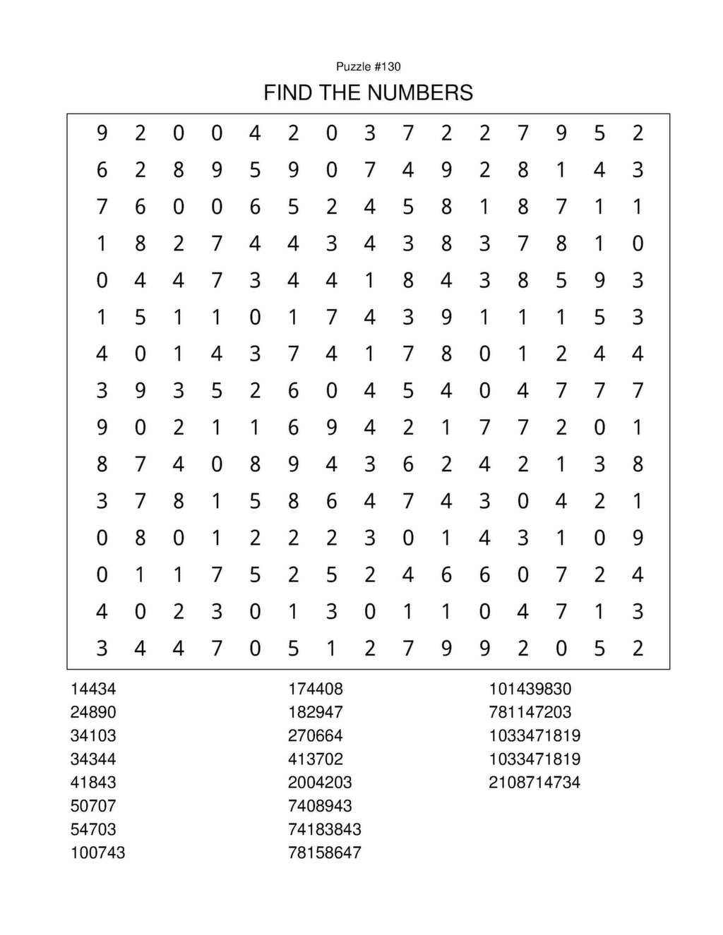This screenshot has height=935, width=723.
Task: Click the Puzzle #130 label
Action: click(x=368, y=66)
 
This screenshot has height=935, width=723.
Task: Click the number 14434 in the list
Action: click(x=93, y=689)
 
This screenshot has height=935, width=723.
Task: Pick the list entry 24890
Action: click(x=93, y=712)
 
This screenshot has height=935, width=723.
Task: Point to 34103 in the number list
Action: click(x=93, y=735)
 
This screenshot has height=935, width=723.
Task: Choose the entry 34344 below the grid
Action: click(x=93, y=759)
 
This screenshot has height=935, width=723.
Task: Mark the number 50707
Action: click(x=93, y=806)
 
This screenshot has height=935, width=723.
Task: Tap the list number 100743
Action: click(x=97, y=852)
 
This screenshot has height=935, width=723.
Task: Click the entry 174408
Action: click(x=315, y=689)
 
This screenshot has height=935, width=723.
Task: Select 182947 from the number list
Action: click(x=315, y=712)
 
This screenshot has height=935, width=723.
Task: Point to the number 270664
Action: click(x=315, y=735)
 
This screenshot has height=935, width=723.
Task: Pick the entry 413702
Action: click(x=315, y=759)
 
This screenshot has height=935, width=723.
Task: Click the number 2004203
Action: click(x=320, y=783)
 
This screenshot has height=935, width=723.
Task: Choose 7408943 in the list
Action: click(x=320, y=806)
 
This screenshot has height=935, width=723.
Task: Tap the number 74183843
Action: click(x=324, y=829)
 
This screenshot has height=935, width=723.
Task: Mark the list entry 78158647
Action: click(x=324, y=852)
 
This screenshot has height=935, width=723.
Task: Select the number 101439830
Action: click(x=530, y=689)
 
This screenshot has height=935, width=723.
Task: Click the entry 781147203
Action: click(x=530, y=712)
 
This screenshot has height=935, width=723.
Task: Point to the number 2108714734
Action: click(x=534, y=783)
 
